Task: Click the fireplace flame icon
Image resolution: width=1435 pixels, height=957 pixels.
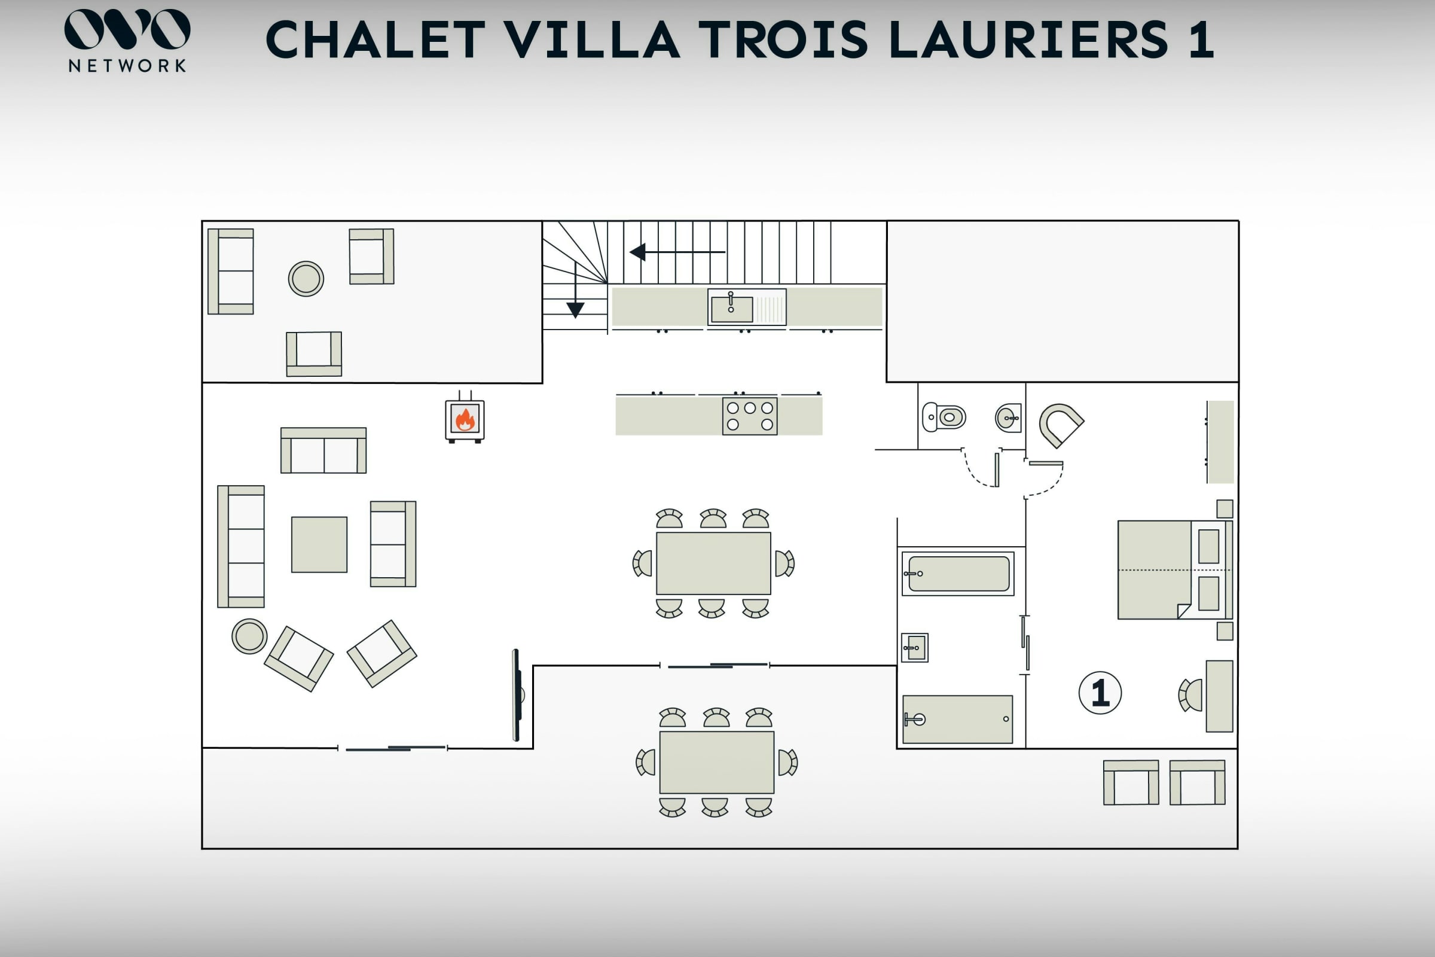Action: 465,419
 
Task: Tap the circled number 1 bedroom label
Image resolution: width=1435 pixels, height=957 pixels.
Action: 1100,693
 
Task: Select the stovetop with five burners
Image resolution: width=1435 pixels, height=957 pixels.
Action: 750,416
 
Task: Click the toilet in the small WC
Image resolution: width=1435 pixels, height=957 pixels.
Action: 944,417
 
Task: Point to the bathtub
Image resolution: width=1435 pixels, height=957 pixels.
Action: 958,574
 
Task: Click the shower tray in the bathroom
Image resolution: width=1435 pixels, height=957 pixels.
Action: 957,719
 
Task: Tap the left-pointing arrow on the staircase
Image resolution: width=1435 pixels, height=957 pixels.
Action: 677,251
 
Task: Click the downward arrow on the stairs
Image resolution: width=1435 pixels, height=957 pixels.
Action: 575,291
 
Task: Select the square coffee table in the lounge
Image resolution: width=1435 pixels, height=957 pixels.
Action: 319,544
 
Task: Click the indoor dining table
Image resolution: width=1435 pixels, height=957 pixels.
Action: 713,563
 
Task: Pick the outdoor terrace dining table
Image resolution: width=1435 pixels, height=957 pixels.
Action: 717,762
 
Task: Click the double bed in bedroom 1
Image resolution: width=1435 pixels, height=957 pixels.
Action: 1175,570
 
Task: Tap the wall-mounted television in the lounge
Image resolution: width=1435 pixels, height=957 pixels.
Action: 517,694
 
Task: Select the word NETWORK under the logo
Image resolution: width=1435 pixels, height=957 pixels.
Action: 127,66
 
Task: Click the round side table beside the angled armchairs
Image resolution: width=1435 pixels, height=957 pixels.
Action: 249,636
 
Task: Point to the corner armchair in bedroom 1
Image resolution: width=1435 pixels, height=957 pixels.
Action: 1061,425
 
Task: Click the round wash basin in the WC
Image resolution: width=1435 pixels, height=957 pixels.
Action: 1009,418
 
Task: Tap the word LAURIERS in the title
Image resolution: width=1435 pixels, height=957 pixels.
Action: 1028,39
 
